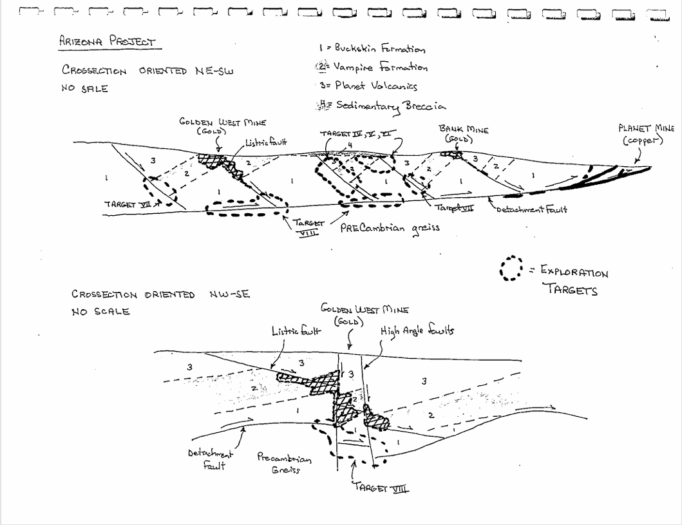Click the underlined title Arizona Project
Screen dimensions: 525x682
tap(107, 43)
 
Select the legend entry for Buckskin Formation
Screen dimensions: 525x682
tap(372, 49)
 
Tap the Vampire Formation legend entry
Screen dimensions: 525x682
tap(371, 68)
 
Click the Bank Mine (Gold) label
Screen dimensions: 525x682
tap(464, 134)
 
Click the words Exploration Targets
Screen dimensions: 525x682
tap(570, 281)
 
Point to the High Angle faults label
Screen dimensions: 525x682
tap(417, 330)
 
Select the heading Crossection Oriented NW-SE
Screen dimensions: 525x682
tap(160, 295)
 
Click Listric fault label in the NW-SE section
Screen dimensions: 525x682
tap(296, 331)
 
